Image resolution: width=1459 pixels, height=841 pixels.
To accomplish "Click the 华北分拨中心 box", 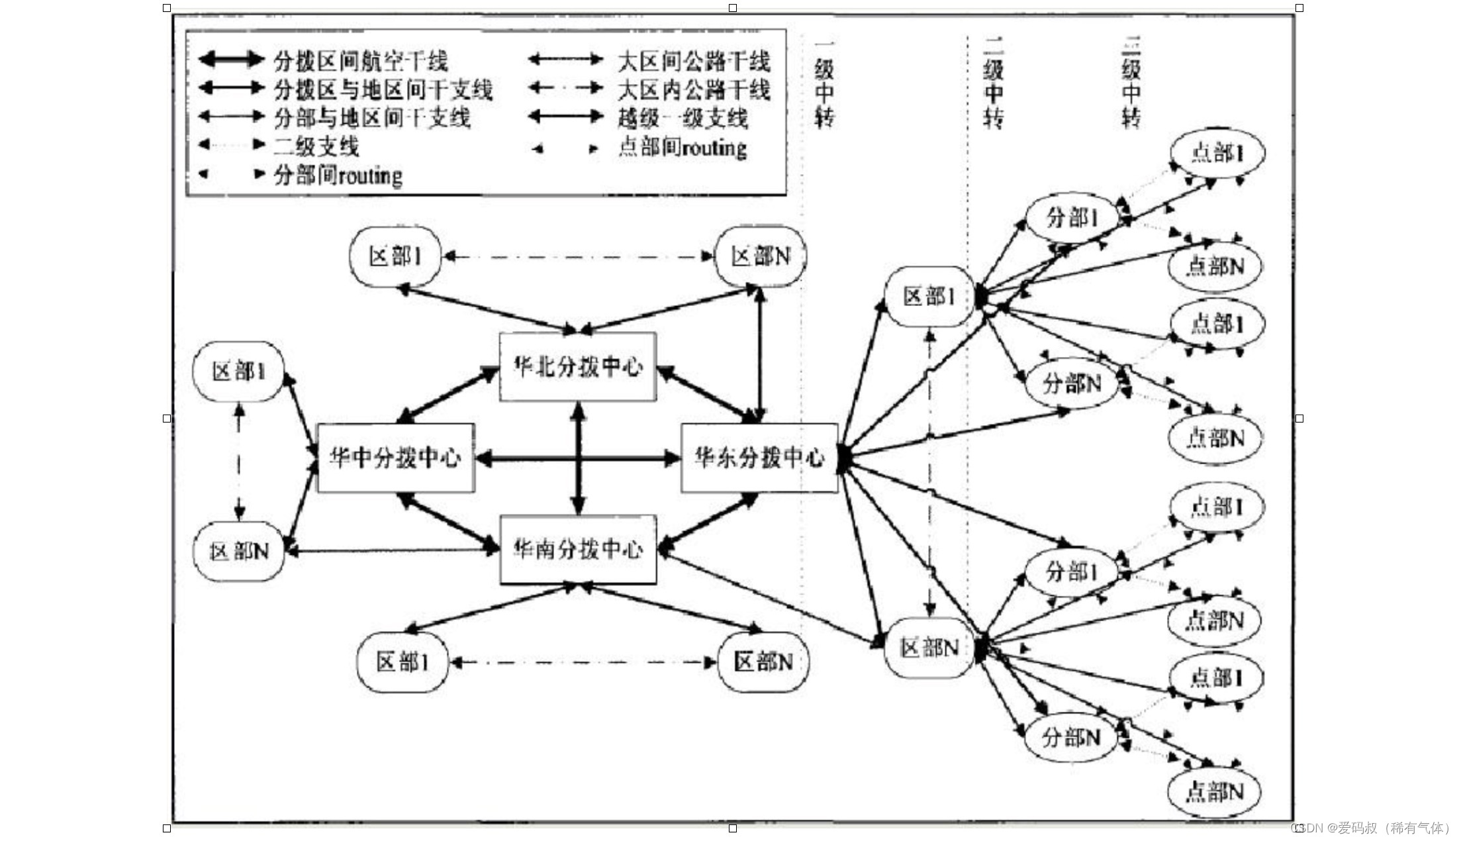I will click(578, 366).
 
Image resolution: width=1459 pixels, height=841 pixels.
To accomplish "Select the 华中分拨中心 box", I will click(396, 458).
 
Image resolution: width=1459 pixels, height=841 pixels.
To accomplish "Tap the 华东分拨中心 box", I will click(759, 458).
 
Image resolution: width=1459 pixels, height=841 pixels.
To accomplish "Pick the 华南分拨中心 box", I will click(578, 549).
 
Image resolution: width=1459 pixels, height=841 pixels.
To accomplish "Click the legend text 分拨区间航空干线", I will click(361, 61).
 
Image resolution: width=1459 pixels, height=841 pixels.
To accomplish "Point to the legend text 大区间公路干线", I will click(694, 61).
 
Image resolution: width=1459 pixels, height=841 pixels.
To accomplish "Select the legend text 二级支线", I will click(316, 146).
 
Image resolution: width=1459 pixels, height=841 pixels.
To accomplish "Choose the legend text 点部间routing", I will click(682, 147).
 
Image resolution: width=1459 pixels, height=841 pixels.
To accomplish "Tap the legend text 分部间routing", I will click(338, 175).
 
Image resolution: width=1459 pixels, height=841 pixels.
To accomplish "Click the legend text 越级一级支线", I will click(682, 118).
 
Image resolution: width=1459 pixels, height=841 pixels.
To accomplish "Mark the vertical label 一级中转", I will click(824, 83).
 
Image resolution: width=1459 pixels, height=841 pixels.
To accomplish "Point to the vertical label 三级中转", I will click(1131, 83).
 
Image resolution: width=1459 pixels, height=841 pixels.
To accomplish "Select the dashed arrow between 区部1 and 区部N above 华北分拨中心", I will click(578, 256).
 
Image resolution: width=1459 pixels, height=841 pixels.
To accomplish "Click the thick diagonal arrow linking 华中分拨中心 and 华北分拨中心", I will click(448, 395).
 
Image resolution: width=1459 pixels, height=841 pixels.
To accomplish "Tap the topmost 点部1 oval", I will click(1217, 153).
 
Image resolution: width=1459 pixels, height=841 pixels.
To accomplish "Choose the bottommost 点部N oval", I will click(1215, 791).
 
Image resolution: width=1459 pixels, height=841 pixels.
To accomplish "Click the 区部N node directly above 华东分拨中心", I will click(761, 256).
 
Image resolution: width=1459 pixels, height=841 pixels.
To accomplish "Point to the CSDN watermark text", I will click(1370, 828).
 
